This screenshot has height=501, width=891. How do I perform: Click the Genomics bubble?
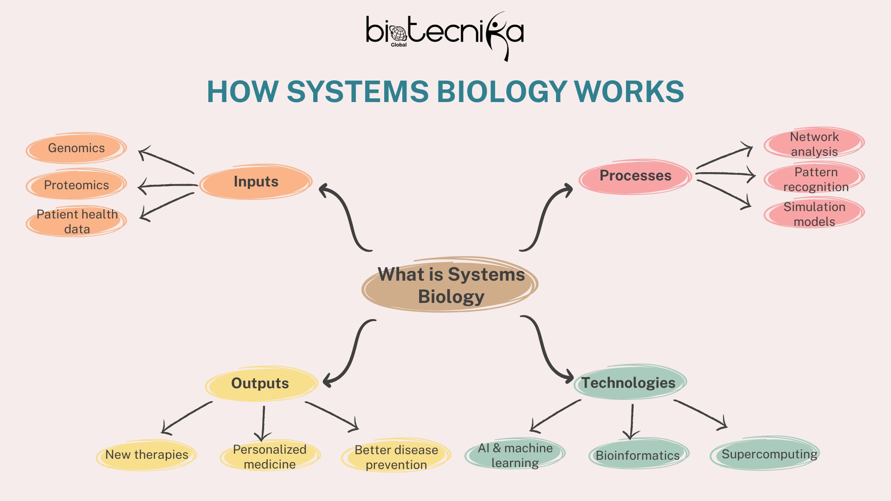pos(77,148)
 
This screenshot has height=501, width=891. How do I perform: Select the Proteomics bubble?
pos(77,185)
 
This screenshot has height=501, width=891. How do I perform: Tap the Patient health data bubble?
pos(77,221)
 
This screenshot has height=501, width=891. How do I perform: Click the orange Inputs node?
pos(256,181)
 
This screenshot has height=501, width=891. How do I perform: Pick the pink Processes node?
pos(635,176)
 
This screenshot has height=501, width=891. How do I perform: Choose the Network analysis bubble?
pos(814,144)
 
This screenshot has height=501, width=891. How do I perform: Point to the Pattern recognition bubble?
pos(815,179)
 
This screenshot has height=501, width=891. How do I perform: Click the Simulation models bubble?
pos(814,214)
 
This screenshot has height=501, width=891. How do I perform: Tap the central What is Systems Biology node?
pos(450,285)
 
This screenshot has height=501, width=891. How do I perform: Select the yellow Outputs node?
pos(260,383)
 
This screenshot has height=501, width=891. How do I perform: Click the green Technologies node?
pos(629,383)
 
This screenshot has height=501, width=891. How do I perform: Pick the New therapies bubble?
pos(147,455)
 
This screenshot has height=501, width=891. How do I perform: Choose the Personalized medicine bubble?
pos(270,456)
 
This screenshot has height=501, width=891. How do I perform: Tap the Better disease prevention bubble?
pos(396,457)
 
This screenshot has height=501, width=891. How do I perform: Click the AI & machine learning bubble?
pos(515,455)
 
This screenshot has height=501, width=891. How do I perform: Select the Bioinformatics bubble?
pos(638,456)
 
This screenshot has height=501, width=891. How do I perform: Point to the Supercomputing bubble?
pos(769,454)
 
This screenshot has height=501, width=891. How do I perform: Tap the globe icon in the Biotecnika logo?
pos(398,33)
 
